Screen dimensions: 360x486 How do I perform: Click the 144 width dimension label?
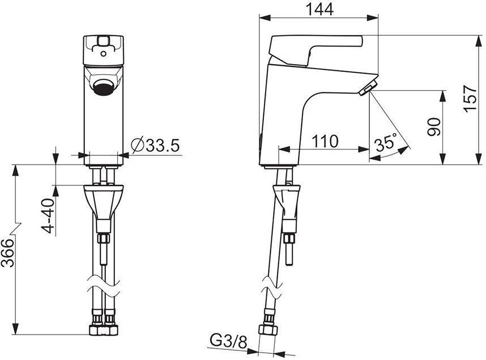pyautogui.click(x=318, y=9)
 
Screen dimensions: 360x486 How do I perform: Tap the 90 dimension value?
pyautogui.click(x=433, y=127)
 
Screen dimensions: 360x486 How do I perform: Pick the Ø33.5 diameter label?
pyautogui.click(x=155, y=146)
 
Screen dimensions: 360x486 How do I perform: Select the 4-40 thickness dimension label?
pyautogui.click(x=48, y=215)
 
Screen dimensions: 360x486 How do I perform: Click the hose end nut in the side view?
pyautogui.click(x=265, y=331)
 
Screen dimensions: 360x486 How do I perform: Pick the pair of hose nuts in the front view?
pyautogui.click(x=104, y=329)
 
